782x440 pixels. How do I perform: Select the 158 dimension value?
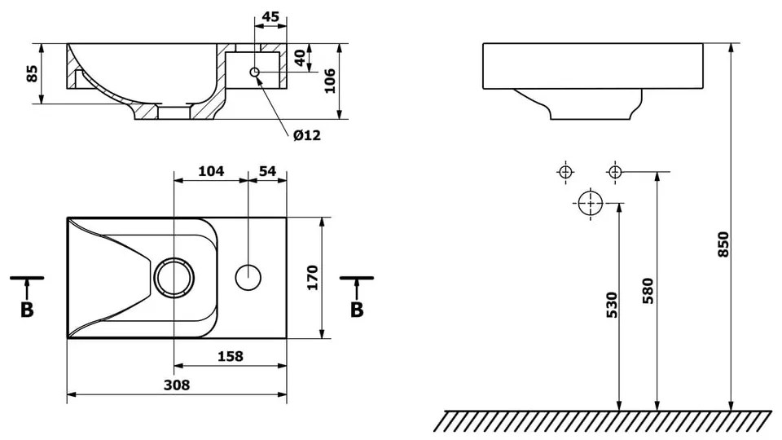click(231, 356)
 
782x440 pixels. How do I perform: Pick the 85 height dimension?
click(33, 74)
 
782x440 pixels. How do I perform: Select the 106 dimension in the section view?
click(330, 81)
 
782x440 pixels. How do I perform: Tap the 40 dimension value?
click(299, 59)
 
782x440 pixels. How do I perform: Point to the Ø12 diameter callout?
click(307, 135)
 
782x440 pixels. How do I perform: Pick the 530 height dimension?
click(612, 304)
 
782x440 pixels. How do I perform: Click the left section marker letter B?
click(27, 310)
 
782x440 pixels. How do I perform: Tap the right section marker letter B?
click(356, 310)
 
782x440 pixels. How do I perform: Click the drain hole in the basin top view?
click(174, 277)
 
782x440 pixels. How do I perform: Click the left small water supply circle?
click(565, 172)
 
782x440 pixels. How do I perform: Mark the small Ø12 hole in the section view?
click(255, 73)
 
